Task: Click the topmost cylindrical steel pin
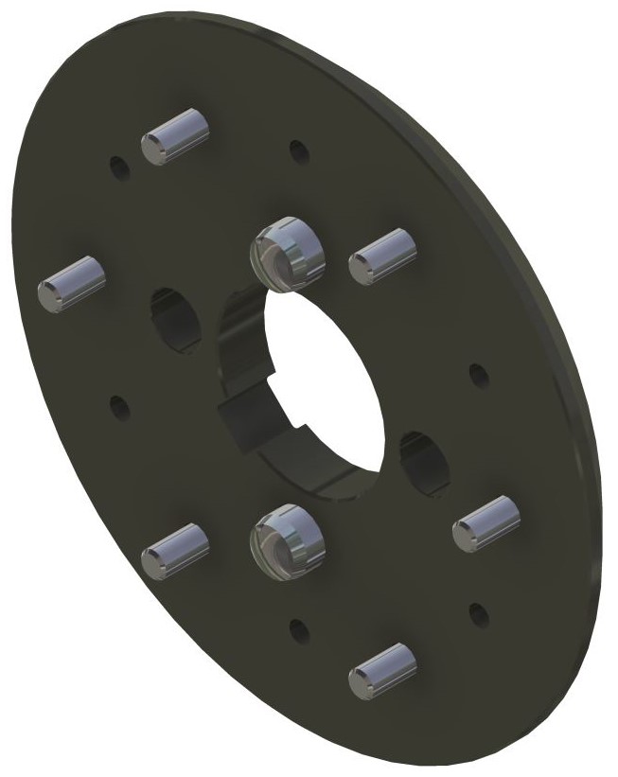[174, 136]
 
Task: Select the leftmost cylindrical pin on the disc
[70, 281]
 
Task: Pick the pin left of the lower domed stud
[174, 551]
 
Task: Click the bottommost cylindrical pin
[382, 669]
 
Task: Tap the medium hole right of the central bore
[419, 462]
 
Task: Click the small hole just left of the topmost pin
[119, 168]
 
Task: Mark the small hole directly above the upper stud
[298, 150]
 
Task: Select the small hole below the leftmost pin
[119, 408]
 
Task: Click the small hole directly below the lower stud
[298, 629]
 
